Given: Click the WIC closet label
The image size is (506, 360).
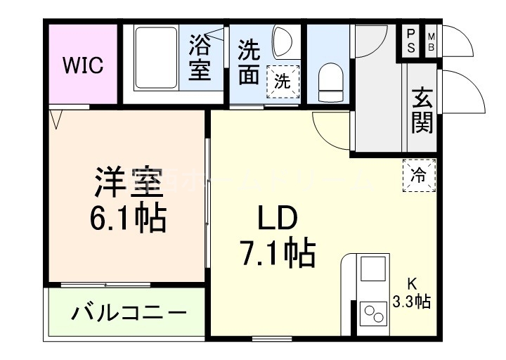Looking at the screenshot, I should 83,66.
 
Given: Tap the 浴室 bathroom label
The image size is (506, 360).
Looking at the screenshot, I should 199,60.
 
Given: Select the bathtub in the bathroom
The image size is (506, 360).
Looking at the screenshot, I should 155,59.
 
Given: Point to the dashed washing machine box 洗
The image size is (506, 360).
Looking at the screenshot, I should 283,81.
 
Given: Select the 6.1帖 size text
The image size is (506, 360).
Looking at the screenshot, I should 126,219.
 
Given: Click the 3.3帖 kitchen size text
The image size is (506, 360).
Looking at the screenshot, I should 413,302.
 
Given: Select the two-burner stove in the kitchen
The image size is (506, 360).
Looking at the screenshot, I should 373,314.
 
